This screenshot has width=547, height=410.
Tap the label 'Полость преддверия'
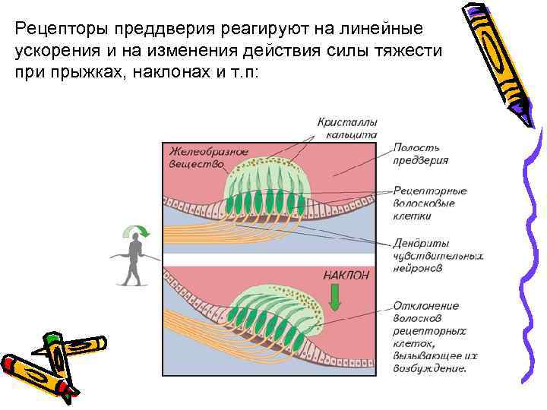(420, 153)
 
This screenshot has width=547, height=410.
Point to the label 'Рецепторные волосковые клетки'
(430, 203)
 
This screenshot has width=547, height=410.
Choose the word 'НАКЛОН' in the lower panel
(346, 275)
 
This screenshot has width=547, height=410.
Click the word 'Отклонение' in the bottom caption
(425, 305)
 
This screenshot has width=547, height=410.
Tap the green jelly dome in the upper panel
(266, 178)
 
